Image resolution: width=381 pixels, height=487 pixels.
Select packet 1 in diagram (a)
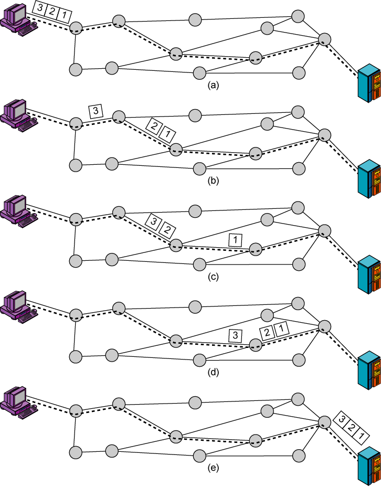[x=64, y=16]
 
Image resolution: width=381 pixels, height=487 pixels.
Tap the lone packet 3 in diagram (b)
[x=96, y=111]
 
